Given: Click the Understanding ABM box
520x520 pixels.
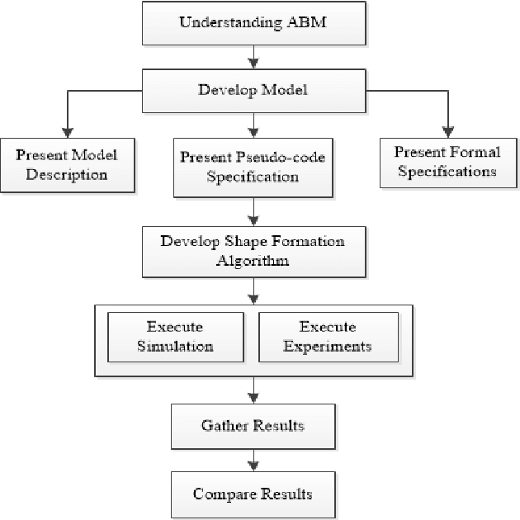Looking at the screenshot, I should point(253,21).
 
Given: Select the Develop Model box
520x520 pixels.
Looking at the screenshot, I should point(253,88).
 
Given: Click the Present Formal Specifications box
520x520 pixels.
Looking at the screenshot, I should point(446,162).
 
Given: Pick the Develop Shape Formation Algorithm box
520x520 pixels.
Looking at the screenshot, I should point(253,250).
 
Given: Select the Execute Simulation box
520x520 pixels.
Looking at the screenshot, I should point(174,336).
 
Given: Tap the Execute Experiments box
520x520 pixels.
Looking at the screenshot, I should point(327,336).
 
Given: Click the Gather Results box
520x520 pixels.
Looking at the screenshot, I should point(253,425).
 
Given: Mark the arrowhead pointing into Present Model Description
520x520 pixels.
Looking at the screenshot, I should point(67,132).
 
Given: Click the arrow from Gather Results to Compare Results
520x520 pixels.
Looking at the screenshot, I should point(253,459).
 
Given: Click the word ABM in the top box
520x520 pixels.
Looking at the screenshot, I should point(307,21).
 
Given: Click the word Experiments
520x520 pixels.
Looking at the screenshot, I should point(327,345).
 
